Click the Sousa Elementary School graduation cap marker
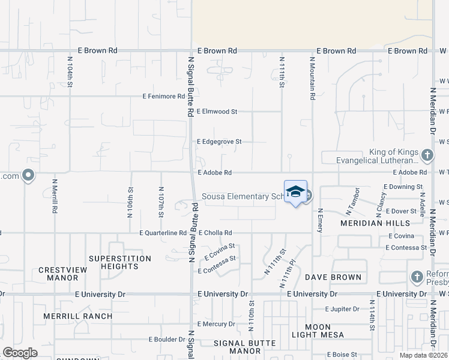[x=295, y=191]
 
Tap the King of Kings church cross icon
[x=427, y=155]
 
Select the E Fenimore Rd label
[x=163, y=96]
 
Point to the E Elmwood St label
[x=217, y=112]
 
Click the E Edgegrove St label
[x=219, y=142]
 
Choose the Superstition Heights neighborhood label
[x=117, y=262]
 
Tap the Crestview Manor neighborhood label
[x=62, y=274]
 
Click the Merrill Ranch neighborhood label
[x=78, y=316]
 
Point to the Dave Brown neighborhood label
[x=333, y=277]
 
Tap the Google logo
[x=20, y=353]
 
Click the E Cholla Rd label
[x=215, y=233]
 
